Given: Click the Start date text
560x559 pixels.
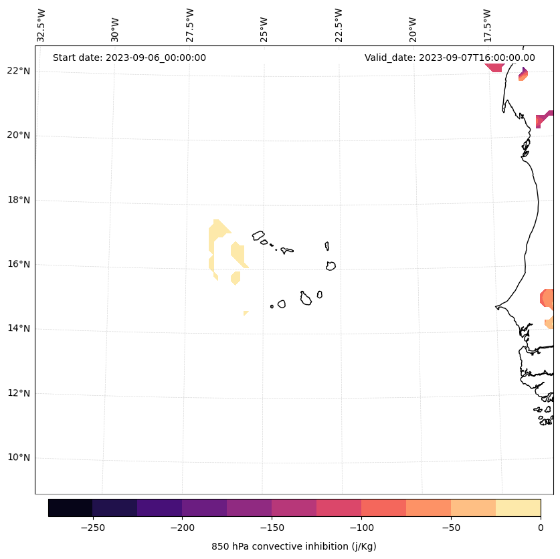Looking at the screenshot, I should (129, 58).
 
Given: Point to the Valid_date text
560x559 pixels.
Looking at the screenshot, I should (450, 58).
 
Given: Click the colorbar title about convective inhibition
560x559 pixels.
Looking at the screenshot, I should (294, 546).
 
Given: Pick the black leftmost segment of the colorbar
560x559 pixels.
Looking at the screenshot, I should (70, 508).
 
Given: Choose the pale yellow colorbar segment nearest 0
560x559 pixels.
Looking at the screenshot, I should (519, 508).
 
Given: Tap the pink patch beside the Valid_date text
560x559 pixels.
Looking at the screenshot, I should (494, 67).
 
